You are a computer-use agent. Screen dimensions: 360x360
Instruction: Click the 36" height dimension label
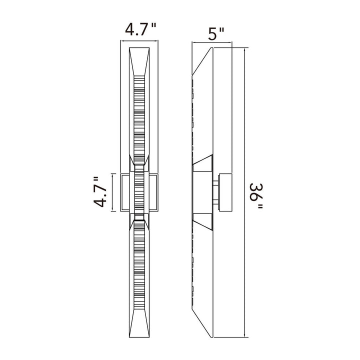point(256,195)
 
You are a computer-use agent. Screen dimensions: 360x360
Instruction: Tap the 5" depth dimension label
point(215,34)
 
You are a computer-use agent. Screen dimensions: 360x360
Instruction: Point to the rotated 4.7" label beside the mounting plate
point(100,192)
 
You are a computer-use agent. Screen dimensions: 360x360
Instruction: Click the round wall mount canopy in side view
point(225,192)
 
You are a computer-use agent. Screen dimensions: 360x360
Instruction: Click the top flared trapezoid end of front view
point(139,61)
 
